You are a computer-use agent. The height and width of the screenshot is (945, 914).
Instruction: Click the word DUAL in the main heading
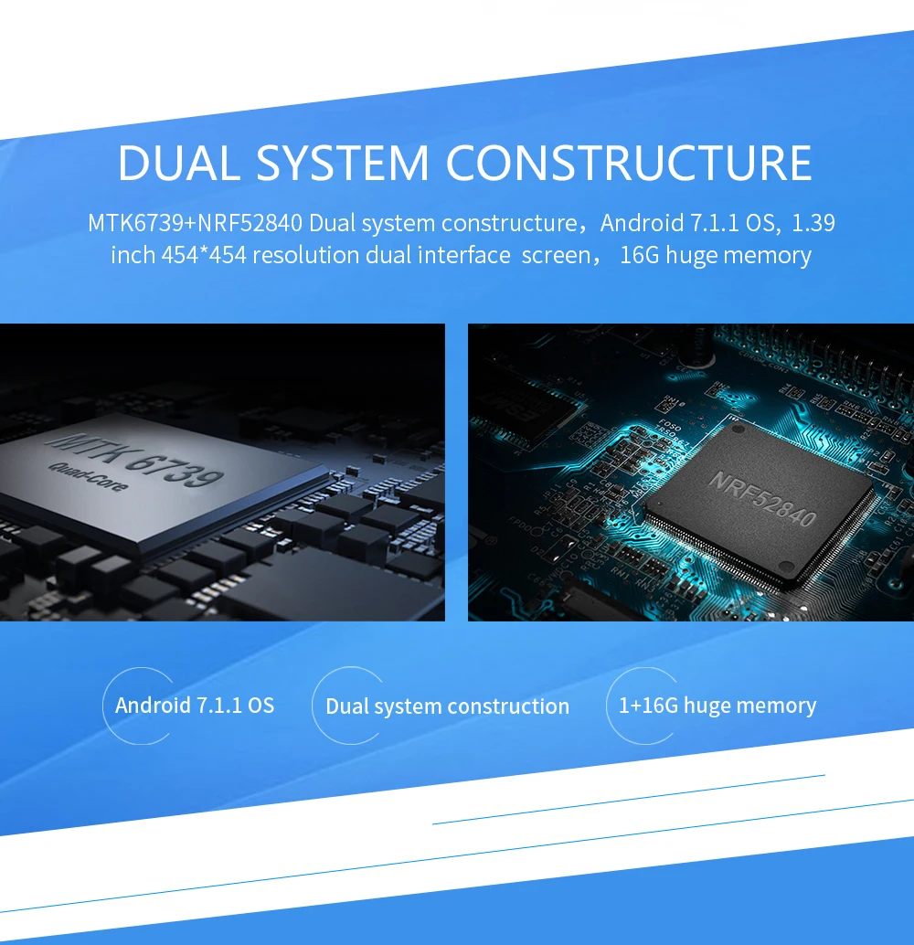tap(179, 162)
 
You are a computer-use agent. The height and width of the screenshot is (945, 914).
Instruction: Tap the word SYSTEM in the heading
tap(343, 162)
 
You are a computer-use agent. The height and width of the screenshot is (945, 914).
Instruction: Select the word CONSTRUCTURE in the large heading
tap(629, 162)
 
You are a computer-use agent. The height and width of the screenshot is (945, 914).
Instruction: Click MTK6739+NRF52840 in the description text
tap(195, 223)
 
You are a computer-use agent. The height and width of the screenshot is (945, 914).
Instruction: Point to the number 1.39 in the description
tap(813, 223)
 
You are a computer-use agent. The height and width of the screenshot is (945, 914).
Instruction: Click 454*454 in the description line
tap(204, 255)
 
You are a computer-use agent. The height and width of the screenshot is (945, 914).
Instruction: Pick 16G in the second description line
tap(640, 255)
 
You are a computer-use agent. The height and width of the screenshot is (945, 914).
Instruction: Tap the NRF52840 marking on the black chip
tap(762, 498)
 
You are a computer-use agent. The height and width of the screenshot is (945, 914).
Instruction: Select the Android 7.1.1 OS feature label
tap(195, 706)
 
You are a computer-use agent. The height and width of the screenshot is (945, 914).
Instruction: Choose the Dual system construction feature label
tap(447, 706)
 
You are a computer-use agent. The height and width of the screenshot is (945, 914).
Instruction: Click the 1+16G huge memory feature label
tap(717, 706)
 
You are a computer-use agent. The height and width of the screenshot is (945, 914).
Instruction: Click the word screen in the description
tap(556, 256)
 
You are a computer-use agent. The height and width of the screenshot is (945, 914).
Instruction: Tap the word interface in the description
tap(464, 255)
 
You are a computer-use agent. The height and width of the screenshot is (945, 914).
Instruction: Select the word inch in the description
tap(133, 255)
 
